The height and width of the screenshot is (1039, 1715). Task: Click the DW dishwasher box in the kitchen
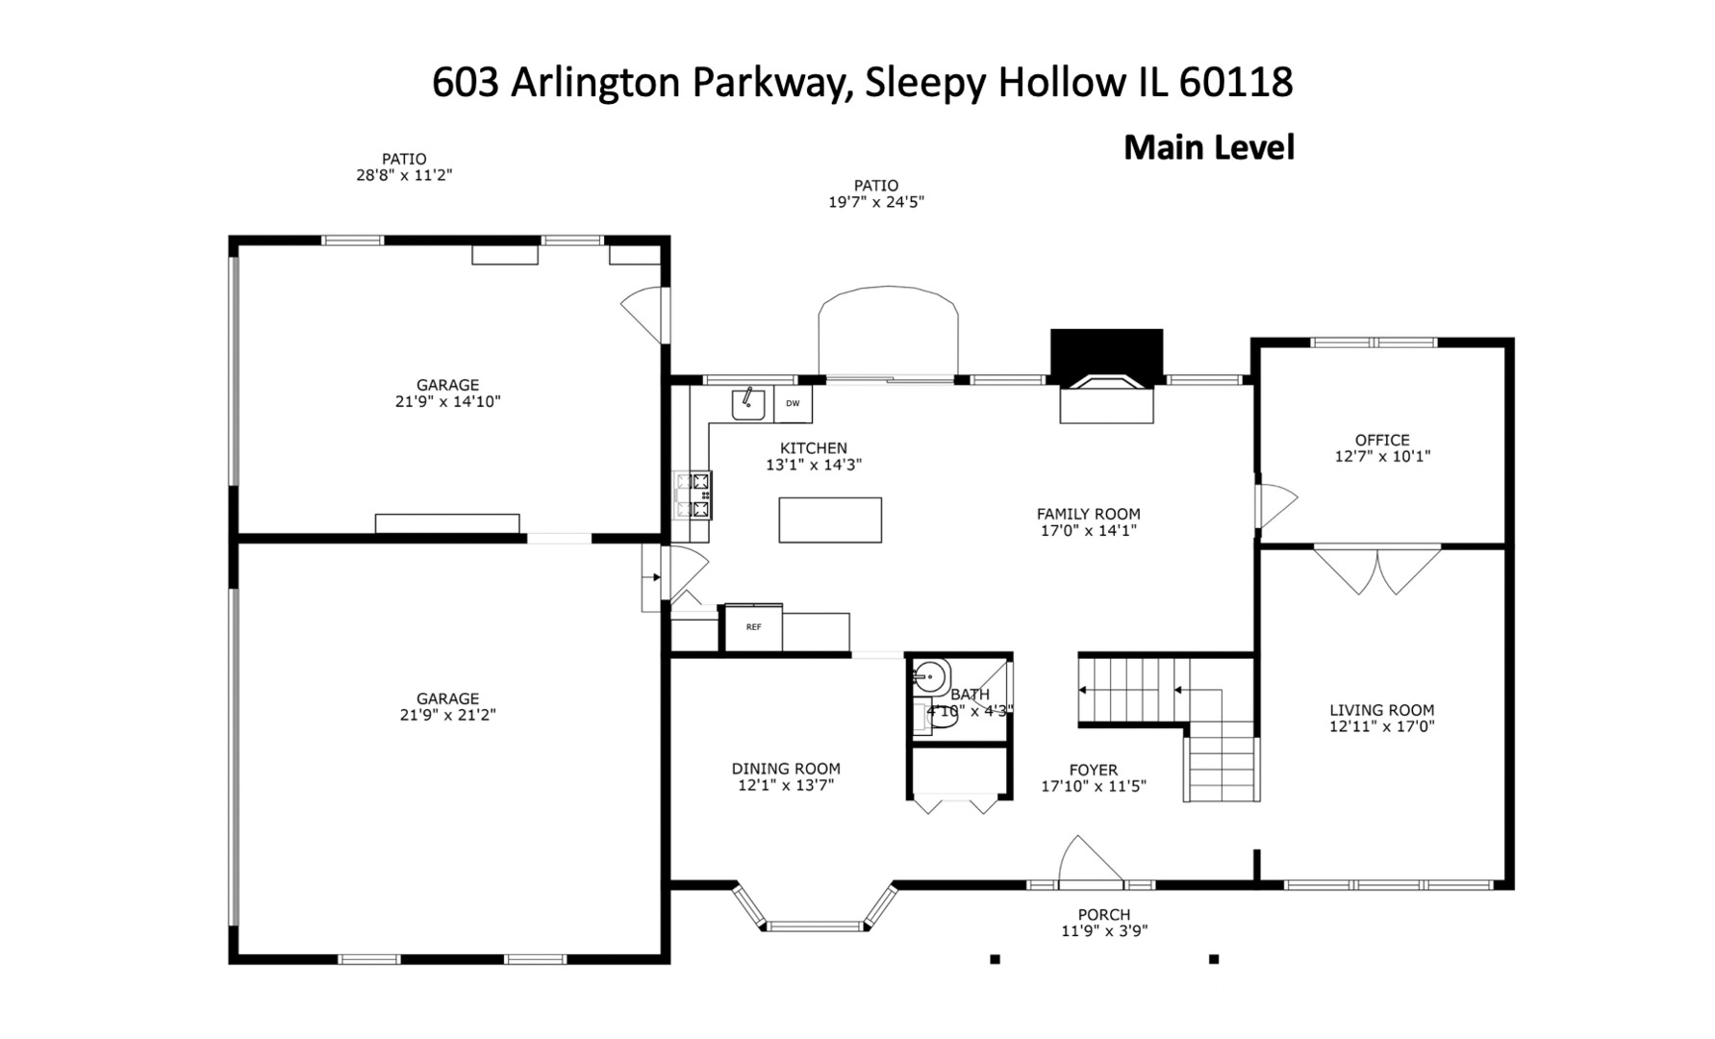(x=793, y=404)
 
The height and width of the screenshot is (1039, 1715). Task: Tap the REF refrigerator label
(x=754, y=627)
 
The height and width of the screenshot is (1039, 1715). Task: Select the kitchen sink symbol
(x=748, y=404)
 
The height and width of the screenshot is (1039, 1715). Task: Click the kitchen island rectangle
(x=830, y=519)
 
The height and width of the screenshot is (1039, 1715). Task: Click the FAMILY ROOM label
(x=1088, y=514)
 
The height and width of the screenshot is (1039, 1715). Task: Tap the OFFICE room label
(x=1382, y=440)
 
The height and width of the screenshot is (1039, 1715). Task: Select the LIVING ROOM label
(x=1381, y=710)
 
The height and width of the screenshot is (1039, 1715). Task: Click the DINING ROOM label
(x=786, y=769)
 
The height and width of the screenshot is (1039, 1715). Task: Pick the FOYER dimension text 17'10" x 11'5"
(x=1094, y=786)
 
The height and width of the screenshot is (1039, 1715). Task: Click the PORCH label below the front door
(x=1103, y=915)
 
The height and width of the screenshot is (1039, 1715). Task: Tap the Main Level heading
(x=1209, y=147)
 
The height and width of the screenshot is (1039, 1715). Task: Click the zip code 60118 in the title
(x=1235, y=83)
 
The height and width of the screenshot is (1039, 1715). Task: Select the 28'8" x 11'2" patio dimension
(x=404, y=175)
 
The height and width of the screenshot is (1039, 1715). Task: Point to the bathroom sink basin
(x=929, y=677)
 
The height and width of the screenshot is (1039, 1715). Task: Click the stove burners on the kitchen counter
(x=693, y=494)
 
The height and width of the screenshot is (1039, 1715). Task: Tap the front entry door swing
(x=1091, y=860)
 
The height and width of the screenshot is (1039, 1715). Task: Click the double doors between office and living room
(x=1377, y=570)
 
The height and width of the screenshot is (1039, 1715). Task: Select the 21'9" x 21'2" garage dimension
(x=447, y=715)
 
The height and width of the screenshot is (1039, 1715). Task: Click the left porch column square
(x=996, y=959)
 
